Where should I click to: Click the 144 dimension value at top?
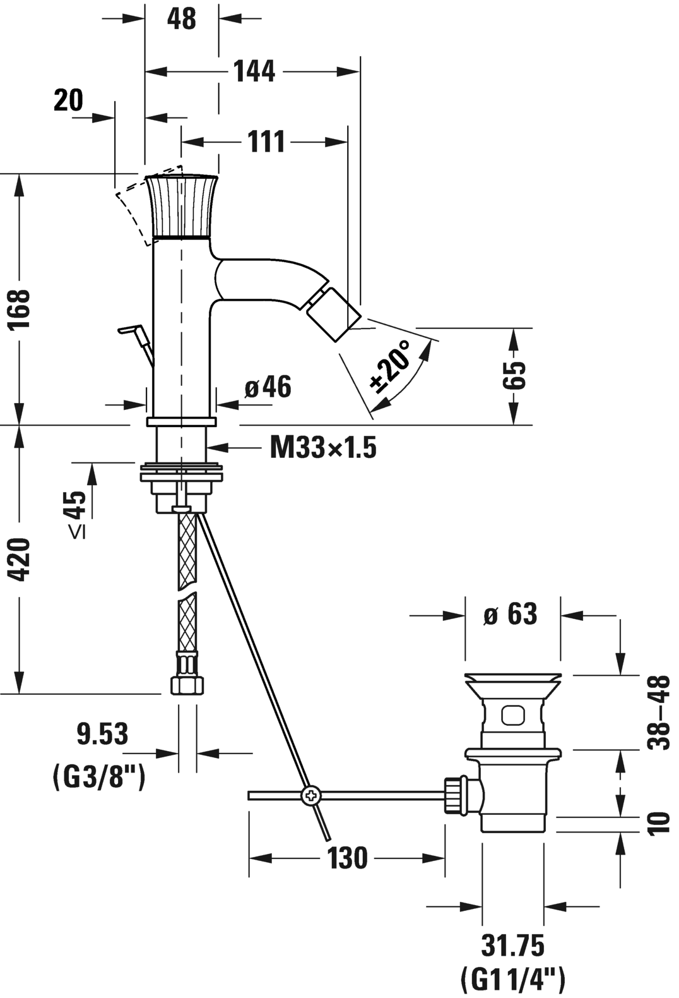tap(254, 71)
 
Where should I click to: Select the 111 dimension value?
tap(266, 141)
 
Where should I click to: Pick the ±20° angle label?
tap(391, 366)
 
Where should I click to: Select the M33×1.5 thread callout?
tap(323, 448)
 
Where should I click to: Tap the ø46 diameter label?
tap(268, 387)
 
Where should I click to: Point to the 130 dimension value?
tap(347, 858)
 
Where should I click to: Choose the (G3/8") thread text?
tap(99, 776)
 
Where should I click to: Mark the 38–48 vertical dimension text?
tap(660, 712)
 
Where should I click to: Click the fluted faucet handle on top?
tap(182, 206)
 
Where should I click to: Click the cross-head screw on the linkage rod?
tap(310, 796)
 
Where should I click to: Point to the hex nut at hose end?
tap(187, 685)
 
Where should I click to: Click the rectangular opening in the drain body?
tap(512, 715)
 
